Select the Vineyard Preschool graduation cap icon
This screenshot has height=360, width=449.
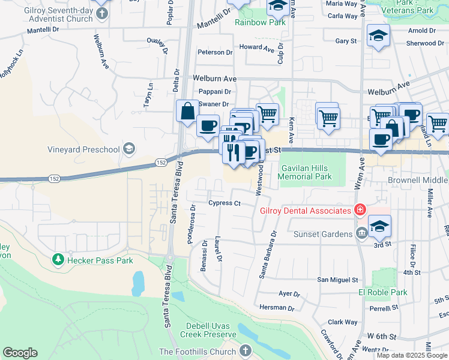click(128, 149)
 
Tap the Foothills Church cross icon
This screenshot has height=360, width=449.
click(245, 351)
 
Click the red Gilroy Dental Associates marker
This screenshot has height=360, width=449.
click(360, 210)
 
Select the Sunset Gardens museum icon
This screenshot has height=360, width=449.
click(361, 233)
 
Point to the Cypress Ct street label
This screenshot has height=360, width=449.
click(224, 203)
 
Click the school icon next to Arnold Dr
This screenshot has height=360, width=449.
click(378, 35)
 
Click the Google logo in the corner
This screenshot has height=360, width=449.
click(20, 353)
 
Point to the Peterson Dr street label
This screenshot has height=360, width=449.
click(215, 52)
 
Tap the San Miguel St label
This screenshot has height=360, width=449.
click(337, 280)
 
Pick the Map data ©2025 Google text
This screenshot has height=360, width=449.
click(412, 355)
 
